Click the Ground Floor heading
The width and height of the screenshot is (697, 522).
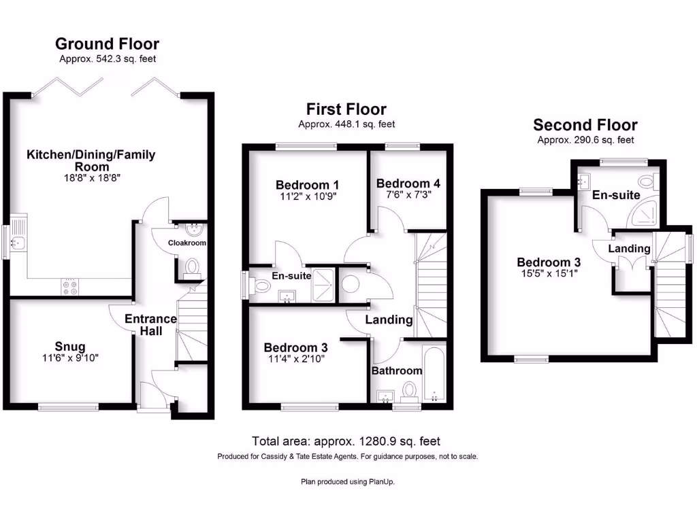[107, 44]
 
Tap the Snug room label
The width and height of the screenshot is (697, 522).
[71, 347]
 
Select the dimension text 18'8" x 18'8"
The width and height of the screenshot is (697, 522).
[91, 178]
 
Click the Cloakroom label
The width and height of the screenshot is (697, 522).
[187, 243]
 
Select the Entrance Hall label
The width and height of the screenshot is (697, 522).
[152, 325]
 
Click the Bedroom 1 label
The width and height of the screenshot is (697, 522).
[308, 185]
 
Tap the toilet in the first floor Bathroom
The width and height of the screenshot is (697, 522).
[409, 390]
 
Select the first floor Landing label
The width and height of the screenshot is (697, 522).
[389, 319]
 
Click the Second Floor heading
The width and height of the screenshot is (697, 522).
[585, 125]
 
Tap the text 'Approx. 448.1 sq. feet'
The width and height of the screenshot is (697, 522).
[346, 124]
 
